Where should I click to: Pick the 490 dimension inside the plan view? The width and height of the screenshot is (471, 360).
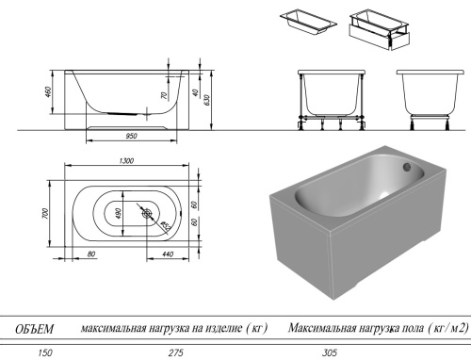coord(119,212)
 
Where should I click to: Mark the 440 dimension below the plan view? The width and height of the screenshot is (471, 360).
coord(166,255)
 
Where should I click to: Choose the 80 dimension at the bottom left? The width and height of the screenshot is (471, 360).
coord(91,255)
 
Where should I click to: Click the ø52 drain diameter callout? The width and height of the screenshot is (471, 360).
coord(165,224)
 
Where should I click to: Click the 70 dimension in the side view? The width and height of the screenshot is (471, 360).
coord(162,96)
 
